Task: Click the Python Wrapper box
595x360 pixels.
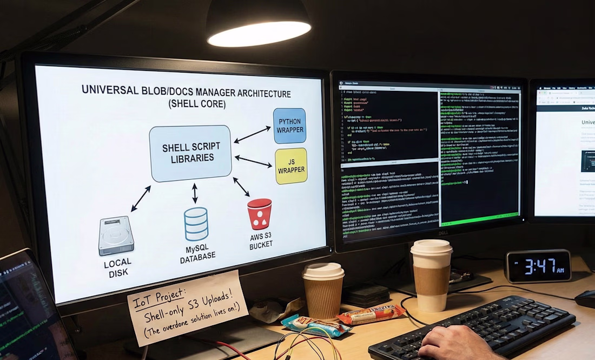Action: [289, 126]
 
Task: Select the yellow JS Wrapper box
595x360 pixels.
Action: [291, 166]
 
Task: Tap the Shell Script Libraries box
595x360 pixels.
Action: [190, 153]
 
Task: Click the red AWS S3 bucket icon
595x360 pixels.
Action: [259, 214]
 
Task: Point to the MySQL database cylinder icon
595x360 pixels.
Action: [196, 224]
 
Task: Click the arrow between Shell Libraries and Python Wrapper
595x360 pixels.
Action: [252, 134]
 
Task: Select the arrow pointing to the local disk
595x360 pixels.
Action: [141, 198]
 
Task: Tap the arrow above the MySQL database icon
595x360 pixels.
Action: [195, 193]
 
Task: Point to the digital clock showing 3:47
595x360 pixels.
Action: [538, 266]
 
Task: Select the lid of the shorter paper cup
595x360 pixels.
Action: [323, 271]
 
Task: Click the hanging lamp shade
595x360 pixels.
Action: [259, 24]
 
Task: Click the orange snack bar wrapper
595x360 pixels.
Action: [371, 314]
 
